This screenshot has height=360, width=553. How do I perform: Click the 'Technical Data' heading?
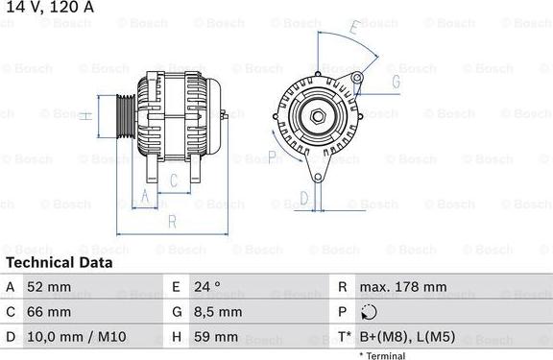point(59,262)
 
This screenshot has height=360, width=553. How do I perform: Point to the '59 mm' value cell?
point(215,337)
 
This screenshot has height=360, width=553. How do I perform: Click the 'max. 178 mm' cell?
point(402,287)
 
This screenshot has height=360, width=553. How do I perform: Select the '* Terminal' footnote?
point(382,355)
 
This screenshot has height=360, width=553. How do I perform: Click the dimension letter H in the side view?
point(84,115)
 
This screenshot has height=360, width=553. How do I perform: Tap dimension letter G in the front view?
point(395,83)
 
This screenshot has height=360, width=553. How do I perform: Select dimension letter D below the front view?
point(303,198)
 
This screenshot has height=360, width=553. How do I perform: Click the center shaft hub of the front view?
point(317,116)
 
